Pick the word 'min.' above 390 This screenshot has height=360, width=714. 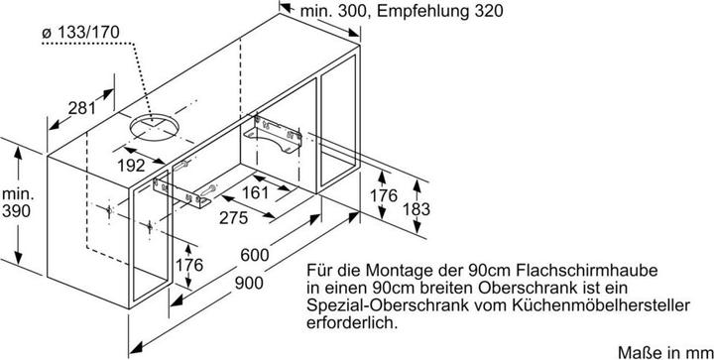click(x=16, y=194)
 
